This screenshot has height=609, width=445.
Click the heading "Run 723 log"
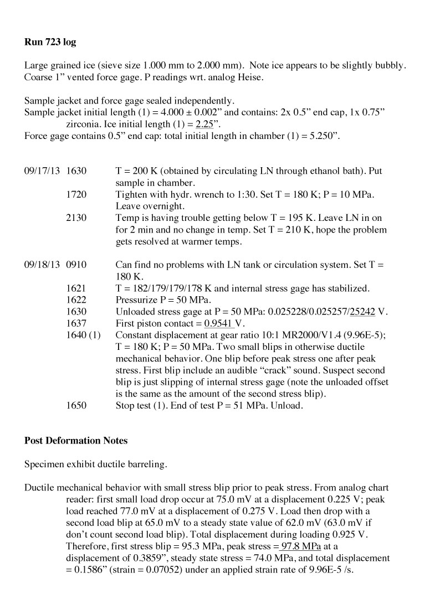(x=48, y=42)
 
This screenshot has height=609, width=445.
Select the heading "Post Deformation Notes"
(x=76, y=441)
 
